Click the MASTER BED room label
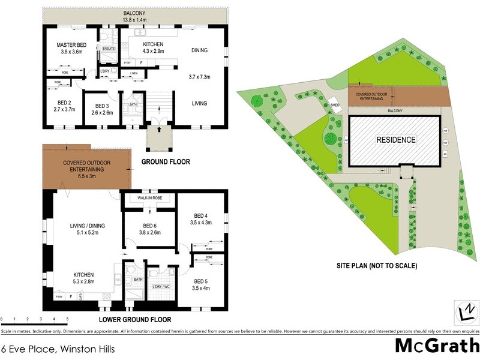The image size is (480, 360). click(x=72, y=46)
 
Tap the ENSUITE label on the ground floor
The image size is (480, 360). click(x=109, y=48)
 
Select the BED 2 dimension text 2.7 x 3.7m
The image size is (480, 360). click(x=63, y=110)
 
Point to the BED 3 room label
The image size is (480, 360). click(x=98, y=103)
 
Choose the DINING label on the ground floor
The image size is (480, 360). click(x=199, y=50)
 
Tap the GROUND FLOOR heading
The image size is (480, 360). click(x=165, y=162)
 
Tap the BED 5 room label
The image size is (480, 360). click(x=202, y=281)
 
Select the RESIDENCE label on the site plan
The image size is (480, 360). click(x=395, y=140)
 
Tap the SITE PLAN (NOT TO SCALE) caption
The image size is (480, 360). click(x=377, y=265)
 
